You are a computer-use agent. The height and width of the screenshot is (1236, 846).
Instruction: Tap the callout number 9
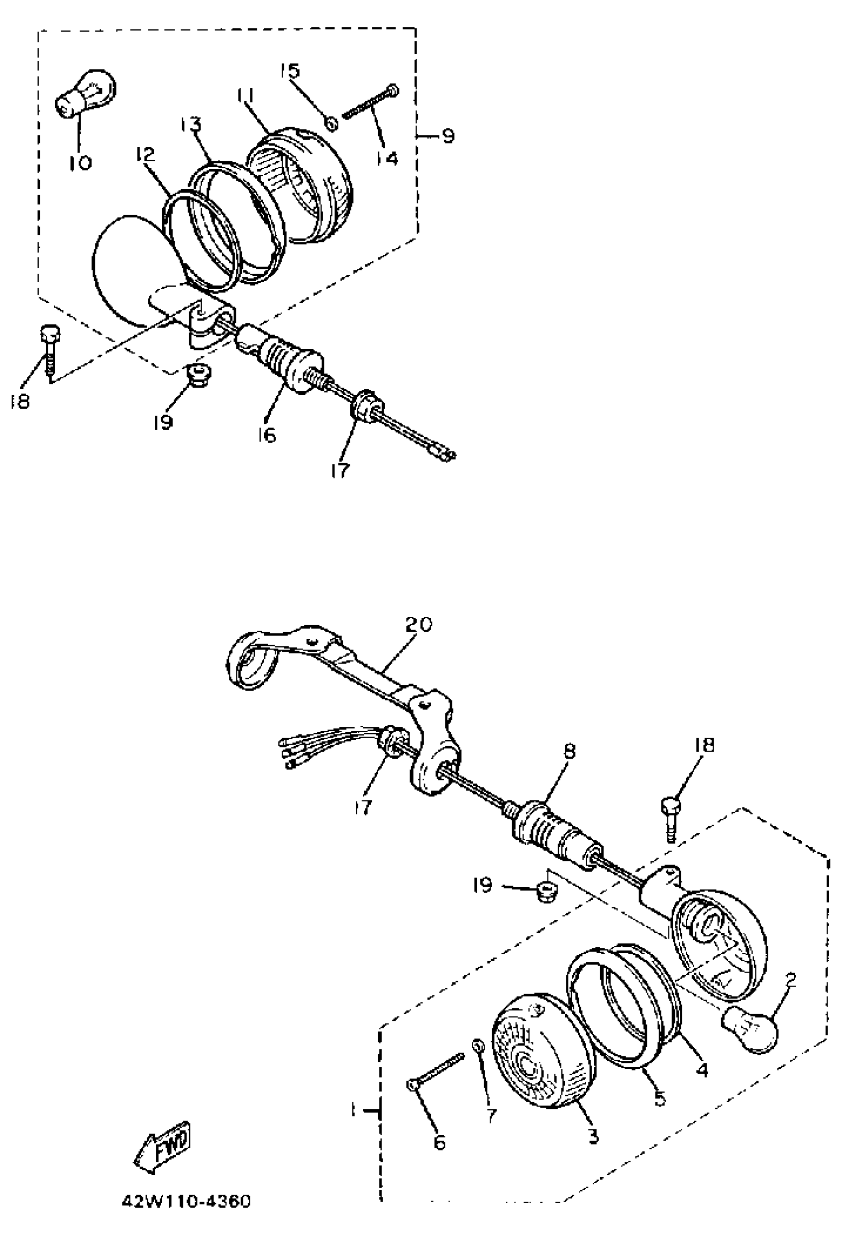coord(448,136)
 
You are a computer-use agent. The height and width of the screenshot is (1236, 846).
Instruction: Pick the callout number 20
coord(419,624)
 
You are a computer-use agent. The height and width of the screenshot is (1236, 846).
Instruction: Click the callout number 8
coord(570,751)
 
